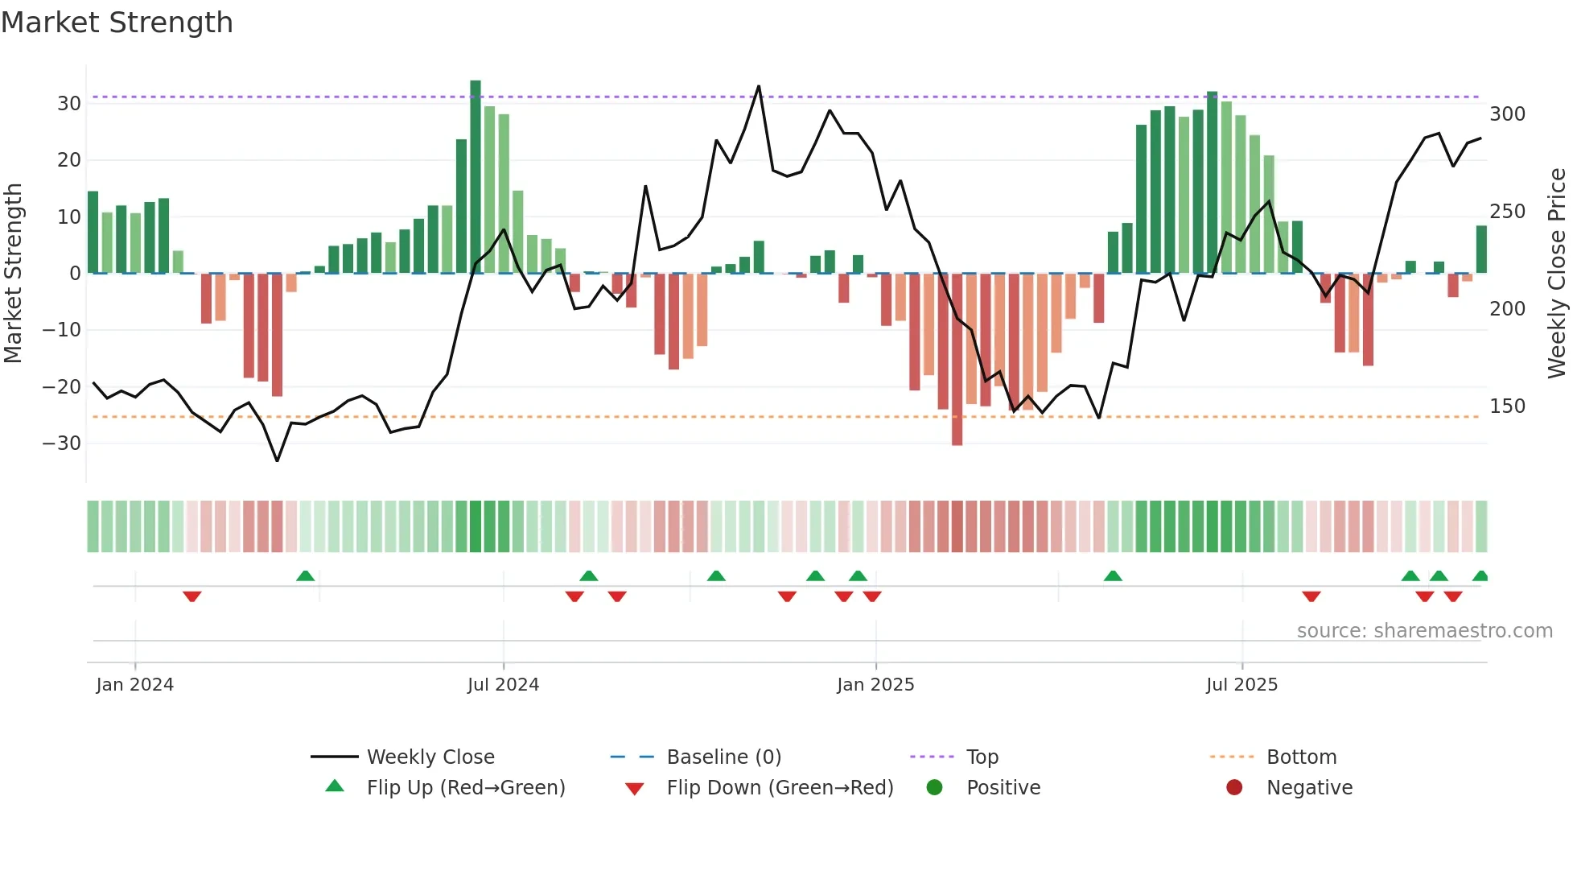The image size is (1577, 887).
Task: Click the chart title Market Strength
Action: point(117,23)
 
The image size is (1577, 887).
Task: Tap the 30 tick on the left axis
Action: point(69,104)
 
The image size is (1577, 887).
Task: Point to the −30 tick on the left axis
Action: point(62,443)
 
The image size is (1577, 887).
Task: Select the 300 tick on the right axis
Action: point(1507,114)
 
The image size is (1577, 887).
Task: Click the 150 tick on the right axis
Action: point(1507,406)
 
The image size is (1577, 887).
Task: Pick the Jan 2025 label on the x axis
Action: point(875,685)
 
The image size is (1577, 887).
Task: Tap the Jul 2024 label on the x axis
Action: point(503,685)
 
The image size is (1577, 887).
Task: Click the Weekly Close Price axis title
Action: point(1557,274)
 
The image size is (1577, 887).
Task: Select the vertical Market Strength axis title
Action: point(13,274)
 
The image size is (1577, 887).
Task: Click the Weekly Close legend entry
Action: point(430,757)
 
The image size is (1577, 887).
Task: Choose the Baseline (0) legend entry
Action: point(723,757)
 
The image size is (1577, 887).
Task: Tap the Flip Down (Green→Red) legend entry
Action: point(780,788)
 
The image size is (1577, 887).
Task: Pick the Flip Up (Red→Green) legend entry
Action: point(466,788)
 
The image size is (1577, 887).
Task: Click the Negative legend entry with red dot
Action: point(1309,788)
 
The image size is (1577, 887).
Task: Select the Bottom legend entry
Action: point(1301,757)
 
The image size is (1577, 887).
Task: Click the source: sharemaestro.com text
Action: point(1424,631)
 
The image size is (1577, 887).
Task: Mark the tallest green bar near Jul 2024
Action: point(476,177)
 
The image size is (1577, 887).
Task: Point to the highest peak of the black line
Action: point(759,87)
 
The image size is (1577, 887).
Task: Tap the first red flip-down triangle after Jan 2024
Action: point(191,596)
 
